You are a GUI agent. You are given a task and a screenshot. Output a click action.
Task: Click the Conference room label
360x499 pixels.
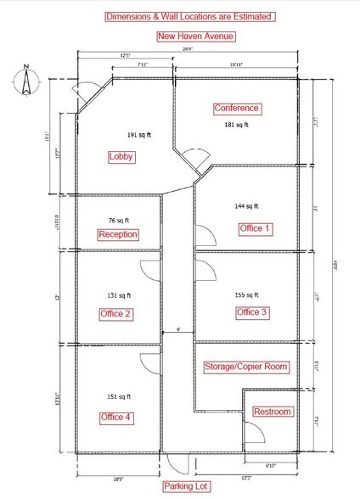click(x=237, y=109)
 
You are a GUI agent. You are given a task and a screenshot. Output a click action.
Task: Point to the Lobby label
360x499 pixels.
click(x=122, y=157)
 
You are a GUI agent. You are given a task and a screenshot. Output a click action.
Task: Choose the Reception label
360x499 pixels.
click(x=118, y=234)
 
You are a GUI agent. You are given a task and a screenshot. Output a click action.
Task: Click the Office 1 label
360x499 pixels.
click(x=255, y=228)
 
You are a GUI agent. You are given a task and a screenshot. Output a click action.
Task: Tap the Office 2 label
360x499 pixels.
click(x=115, y=314)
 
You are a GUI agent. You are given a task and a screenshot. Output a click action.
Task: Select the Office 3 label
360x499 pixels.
click(x=252, y=313)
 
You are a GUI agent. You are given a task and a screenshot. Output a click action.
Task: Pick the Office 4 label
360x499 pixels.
click(x=116, y=416)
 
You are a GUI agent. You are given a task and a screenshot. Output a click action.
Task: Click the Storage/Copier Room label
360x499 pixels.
click(x=247, y=367)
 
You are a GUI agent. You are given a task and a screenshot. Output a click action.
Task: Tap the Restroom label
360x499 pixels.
click(x=273, y=412)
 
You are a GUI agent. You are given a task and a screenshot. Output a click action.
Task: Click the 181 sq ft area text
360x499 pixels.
click(x=235, y=126)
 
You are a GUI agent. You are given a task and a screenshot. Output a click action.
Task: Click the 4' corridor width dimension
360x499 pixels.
click(x=177, y=328)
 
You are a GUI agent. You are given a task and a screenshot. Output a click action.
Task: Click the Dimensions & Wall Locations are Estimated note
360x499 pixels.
click(x=188, y=16)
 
